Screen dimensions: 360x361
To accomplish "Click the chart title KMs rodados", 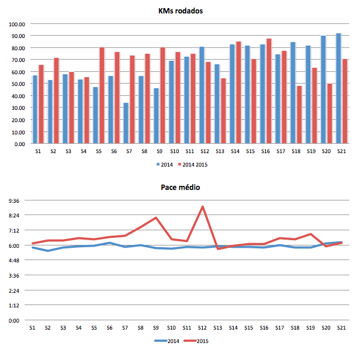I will [x=180, y=12].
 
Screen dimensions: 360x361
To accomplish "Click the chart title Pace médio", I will [x=180, y=188].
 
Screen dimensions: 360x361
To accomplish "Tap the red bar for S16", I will [x=269, y=91].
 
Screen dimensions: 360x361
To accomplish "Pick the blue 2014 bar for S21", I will [x=338, y=88].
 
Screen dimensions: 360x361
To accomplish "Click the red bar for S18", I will [x=299, y=115].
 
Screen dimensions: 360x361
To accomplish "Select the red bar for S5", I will [x=102, y=95].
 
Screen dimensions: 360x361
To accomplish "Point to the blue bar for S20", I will [x=323, y=89].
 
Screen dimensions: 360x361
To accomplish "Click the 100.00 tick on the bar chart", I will [x=18, y=24].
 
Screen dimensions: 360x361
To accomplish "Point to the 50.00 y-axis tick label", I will [x=18, y=84].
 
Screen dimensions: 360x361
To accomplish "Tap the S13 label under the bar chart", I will [x=220, y=151].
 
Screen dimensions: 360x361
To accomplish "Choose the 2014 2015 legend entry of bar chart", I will [x=193, y=165].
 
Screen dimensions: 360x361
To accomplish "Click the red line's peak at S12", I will [x=202, y=206].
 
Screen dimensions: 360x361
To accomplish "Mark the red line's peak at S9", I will [x=156, y=217].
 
